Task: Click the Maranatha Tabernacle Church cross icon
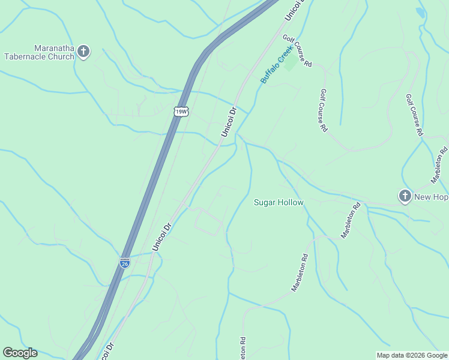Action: pos(83,52)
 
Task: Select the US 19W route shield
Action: pos(180,111)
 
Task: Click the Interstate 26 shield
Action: pos(124,263)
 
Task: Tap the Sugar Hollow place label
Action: pos(279,203)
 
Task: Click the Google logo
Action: pos(20,353)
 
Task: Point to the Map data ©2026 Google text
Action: pos(412,355)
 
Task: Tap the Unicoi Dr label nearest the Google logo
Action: pos(107,350)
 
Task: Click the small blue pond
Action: pos(420,12)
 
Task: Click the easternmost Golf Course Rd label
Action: pos(415,115)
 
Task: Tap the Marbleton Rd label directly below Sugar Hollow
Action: pos(300,273)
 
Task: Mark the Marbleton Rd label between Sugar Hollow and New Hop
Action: pos(351,220)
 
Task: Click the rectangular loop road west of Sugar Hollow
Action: pos(208,222)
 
